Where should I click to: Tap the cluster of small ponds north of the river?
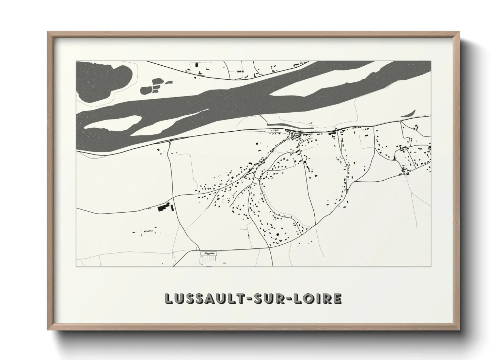coord(155,86)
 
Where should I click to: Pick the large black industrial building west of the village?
coord(164,207)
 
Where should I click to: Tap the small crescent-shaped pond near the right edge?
coord(408,113)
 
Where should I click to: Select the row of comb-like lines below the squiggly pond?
coord(208,259)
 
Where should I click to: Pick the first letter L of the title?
coord(169,298)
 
